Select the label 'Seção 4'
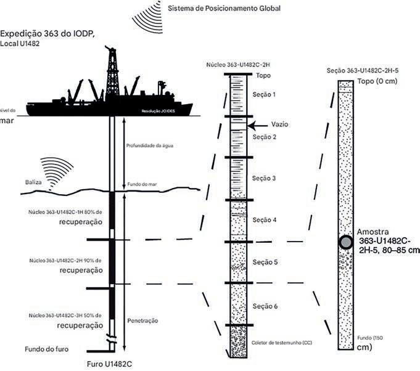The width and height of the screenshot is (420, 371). click(266, 220)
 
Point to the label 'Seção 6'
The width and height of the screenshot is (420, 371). click(266, 306)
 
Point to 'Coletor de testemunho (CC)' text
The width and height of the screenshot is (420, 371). click(281, 341)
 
